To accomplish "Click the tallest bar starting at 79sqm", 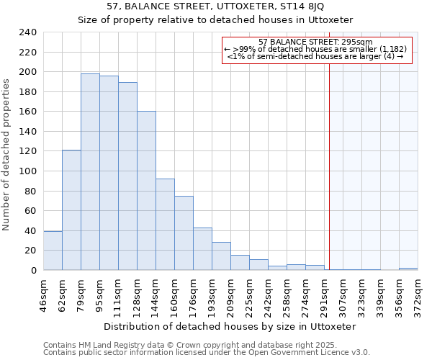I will point(90,172).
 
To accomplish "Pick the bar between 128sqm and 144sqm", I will point(146,191).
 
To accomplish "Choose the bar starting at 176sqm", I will point(202,249).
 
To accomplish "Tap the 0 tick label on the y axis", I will point(33,271).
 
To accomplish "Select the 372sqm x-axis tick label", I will point(418,292).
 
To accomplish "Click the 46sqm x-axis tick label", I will point(44,292).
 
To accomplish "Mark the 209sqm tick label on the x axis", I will point(231,292).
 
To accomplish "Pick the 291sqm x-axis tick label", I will point(325,292).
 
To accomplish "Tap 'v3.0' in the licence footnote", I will point(360,352).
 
